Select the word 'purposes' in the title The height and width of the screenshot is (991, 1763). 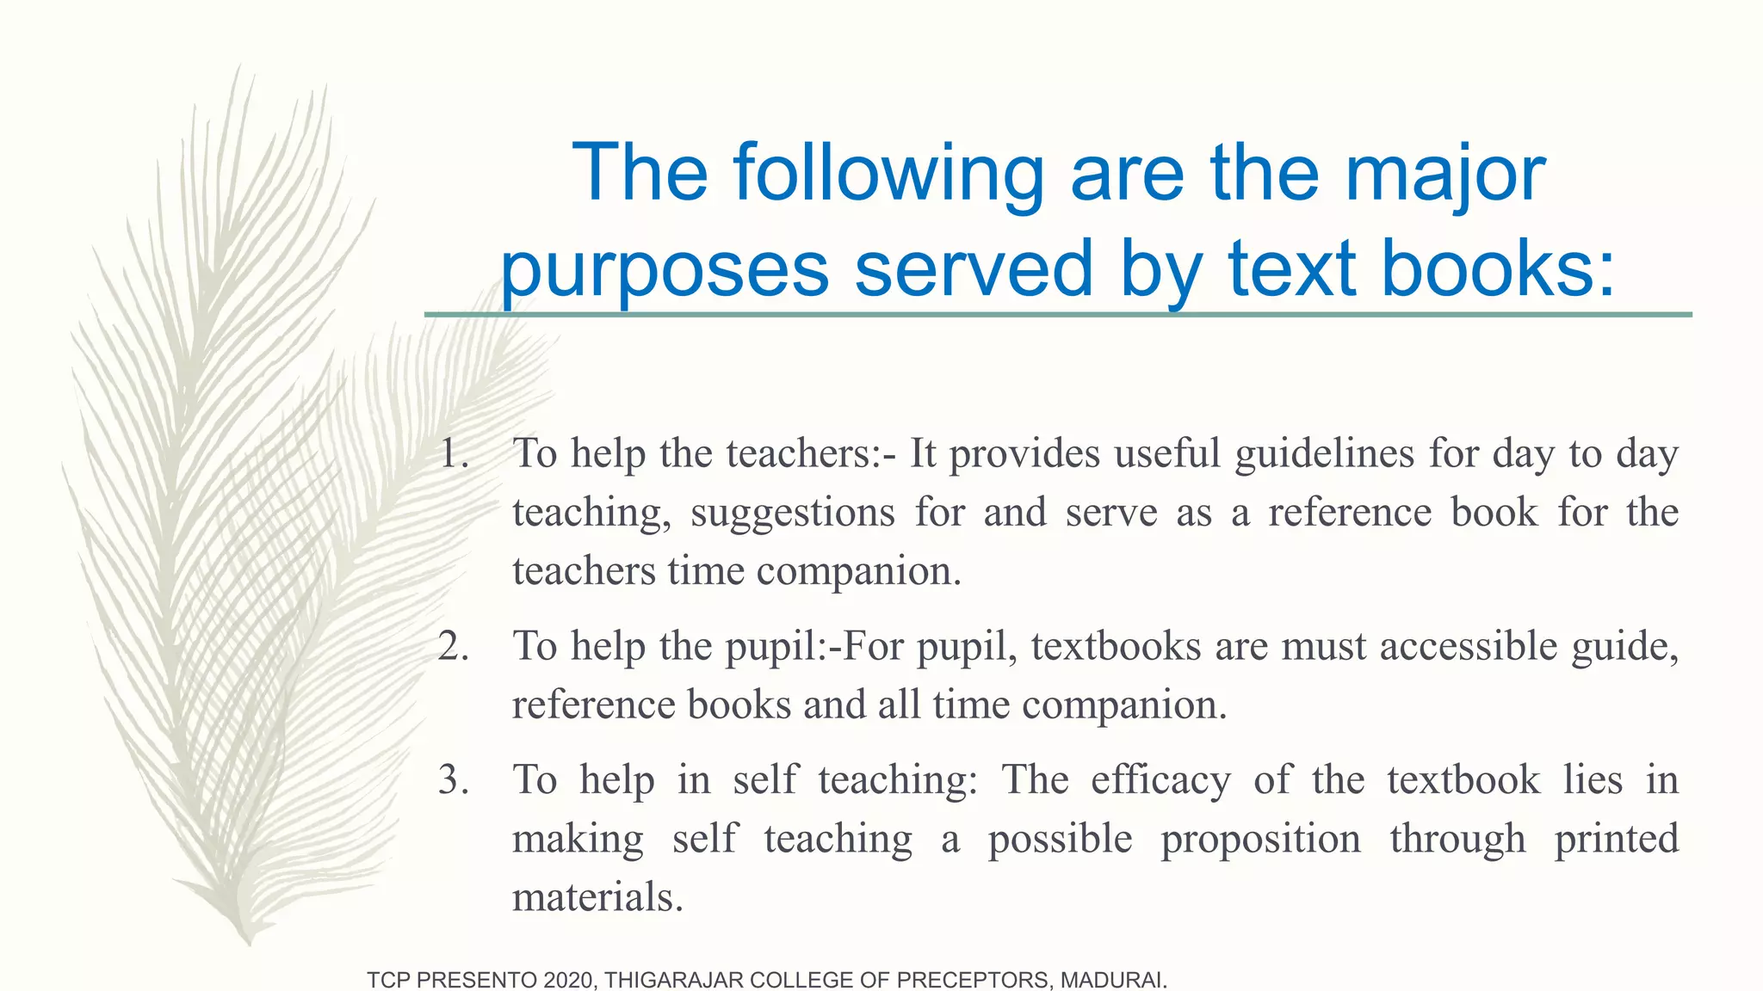pos(665,270)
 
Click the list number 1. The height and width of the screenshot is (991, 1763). pos(454,453)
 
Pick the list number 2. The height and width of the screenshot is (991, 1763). pos(454,646)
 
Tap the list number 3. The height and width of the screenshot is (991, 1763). pos(454,779)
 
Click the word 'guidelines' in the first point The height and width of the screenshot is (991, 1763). pos(1324,453)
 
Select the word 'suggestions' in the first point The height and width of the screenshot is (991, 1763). pos(793,513)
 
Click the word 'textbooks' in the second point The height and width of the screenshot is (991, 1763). pos(1116,646)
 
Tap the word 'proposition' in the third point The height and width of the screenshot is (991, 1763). pos(1260,839)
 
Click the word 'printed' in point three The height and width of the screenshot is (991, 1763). pos(1617,839)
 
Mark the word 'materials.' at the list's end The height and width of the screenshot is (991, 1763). pos(597,897)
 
